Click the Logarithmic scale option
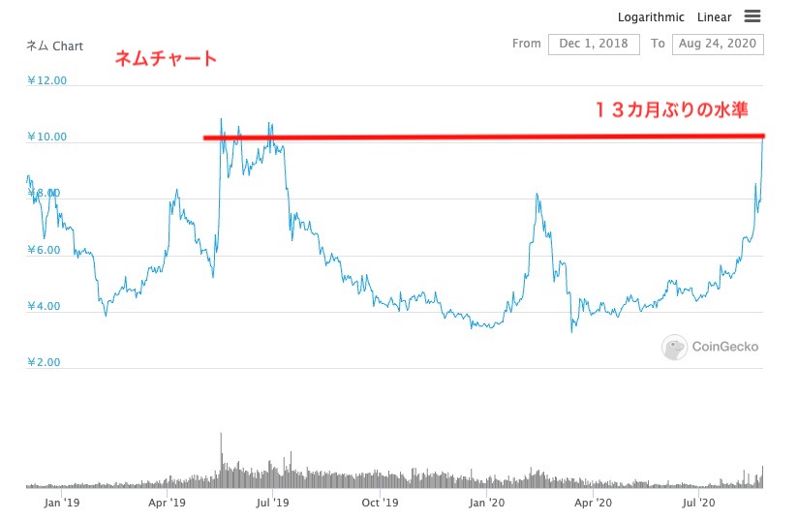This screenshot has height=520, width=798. [x=651, y=17]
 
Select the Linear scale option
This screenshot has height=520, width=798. [x=714, y=17]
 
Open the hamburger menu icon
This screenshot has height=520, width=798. [x=752, y=16]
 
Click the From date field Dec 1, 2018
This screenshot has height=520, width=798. [x=594, y=44]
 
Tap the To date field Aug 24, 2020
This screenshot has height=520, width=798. [x=718, y=44]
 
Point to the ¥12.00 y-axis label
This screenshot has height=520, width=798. [x=46, y=80]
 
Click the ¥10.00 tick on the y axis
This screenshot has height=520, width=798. [x=46, y=137]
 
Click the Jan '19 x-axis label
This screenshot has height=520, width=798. [x=61, y=503]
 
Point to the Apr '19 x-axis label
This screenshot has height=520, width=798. [x=168, y=503]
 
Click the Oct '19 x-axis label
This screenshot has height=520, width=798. [x=380, y=503]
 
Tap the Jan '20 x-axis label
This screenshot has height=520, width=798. [x=486, y=503]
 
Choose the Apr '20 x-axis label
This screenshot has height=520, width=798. [x=593, y=503]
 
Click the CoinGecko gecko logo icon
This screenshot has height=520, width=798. [x=675, y=347]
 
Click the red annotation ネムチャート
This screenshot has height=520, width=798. [x=166, y=59]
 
